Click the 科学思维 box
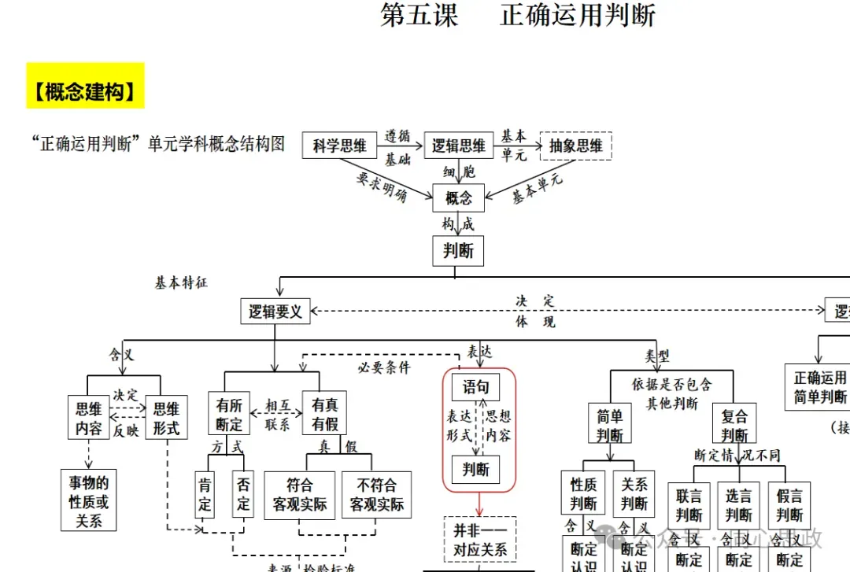340,146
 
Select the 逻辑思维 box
458,146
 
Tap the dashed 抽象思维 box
576,146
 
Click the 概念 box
458,197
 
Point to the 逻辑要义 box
275,312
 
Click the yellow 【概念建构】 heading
85,93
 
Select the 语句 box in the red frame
475,386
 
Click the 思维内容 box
89,418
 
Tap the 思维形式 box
166,418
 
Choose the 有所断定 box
229,415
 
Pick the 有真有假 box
324,415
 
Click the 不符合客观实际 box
377,495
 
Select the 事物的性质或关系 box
89,501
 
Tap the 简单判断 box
609,426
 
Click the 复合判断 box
734,426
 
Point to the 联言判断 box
689,504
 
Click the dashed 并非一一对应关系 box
480,540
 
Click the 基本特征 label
181,282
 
